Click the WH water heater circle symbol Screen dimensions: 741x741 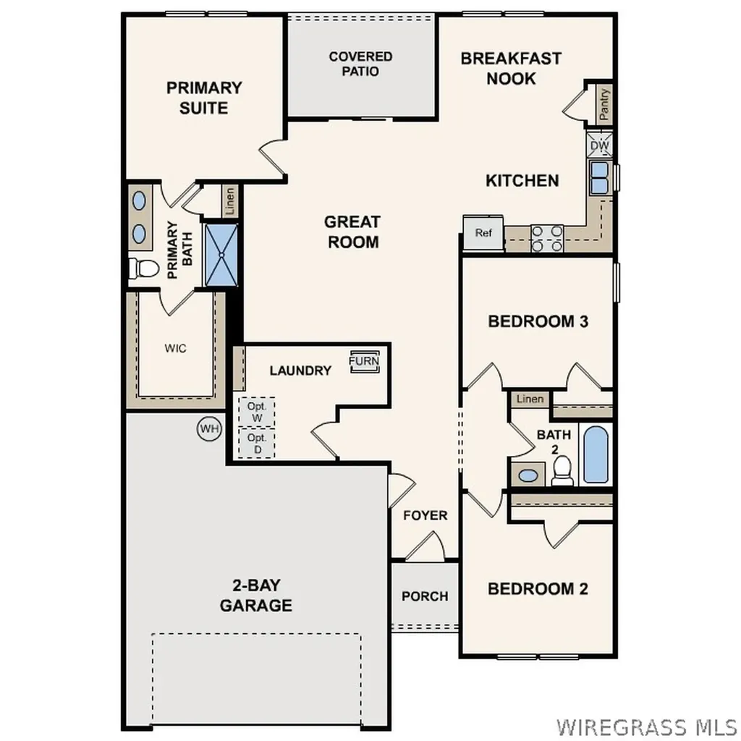[x=209, y=428]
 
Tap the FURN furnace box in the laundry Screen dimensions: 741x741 [x=363, y=361]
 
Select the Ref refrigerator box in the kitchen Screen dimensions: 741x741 [x=483, y=233]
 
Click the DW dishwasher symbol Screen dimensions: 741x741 [x=600, y=145]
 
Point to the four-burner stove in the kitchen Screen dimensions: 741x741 [x=547, y=238]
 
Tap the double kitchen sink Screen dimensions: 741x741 [x=600, y=178]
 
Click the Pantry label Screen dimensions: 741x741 [x=604, y=104]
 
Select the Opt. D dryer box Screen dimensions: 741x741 [x=257, y=443]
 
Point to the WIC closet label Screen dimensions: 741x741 [x=175, y=348]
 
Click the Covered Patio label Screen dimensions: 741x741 [x=360, y=64]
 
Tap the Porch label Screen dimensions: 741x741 [x=425, y=596]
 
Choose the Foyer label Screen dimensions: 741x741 [x=425, y=515]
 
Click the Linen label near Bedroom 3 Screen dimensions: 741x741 [x=530, y=399]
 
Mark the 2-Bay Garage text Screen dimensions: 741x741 [x=256, y=596]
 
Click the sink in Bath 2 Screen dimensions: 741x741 [x=529, y=475]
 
